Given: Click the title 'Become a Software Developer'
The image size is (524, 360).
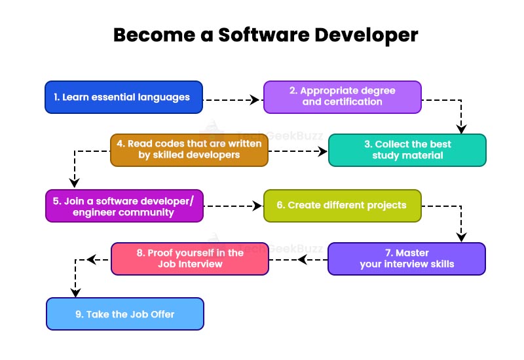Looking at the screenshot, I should [265, 34].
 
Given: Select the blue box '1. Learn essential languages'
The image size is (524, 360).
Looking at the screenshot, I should [124, 98].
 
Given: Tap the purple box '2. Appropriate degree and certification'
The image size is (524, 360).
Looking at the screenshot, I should [343, 98].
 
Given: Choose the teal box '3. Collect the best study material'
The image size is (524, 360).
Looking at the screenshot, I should [407, 150].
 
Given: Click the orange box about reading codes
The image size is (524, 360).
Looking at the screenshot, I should [189, 150].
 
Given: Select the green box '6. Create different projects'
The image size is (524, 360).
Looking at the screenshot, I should [343, 206].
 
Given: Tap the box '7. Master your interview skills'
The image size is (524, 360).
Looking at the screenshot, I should [406, 259].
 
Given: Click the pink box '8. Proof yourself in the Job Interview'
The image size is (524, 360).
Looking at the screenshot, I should [190, 259].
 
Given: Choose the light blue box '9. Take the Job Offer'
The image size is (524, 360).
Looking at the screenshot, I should [125, 314].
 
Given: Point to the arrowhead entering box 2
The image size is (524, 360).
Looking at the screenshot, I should [256, 100].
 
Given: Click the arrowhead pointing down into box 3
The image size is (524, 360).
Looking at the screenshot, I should [462, 128].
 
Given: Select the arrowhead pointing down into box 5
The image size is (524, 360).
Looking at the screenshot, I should [75, 183].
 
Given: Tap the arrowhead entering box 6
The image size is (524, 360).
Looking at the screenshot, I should [257, 206].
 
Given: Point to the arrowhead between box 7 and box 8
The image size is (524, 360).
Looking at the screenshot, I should [303, 260].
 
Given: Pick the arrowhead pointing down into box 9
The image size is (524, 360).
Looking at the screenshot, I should [75, 292].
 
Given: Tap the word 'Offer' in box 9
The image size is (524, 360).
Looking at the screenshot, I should [161, 314].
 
